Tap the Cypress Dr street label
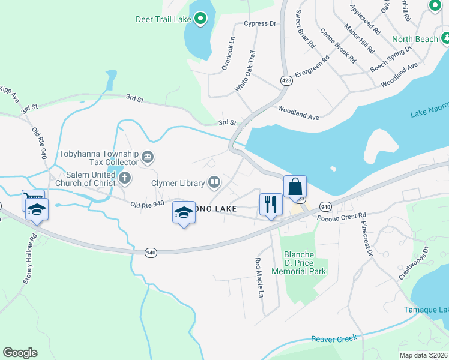coord(259,24)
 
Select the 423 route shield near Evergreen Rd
coord(286,80)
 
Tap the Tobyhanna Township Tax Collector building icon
coord(148,158)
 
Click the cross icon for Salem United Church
coord(125,177)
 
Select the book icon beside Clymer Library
coord(214,182)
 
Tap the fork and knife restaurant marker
coord(270,204)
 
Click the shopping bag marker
coord(295,187)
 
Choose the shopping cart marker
coord(32,199)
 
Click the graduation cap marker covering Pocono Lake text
coord(184,212)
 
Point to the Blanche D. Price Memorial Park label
coord(298,263)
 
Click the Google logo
coord(20,353)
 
